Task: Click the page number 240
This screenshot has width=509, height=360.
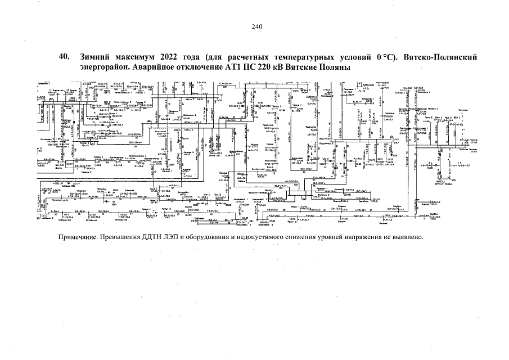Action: pyautogui.click(x=257, y=26)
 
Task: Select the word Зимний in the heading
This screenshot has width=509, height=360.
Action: pyautogui.click(x=97, y=57)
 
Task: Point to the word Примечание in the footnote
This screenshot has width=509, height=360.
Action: pyautogui.click(x=78, y=236)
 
